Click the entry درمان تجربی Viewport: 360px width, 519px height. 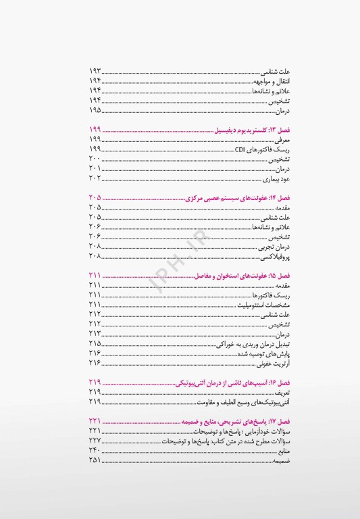(x=253, y=247)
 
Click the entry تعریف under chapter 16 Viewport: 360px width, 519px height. (x=261, y=393)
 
